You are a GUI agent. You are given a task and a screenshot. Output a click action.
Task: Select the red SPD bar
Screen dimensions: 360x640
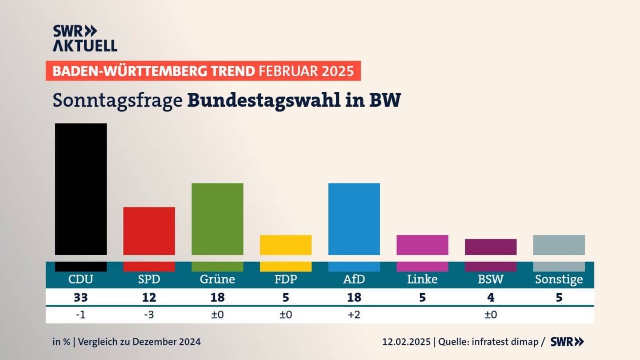click(x=149, y=231)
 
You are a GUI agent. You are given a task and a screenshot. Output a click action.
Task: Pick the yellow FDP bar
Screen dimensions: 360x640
click(x=286, y=245)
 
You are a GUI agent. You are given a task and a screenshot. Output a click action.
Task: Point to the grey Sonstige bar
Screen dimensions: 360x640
click(x=559, y=245)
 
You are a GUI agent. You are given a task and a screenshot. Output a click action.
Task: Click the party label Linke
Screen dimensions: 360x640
click(x=422, y=279)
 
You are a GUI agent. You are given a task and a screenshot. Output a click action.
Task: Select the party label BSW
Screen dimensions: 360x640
click(x=491, y=279)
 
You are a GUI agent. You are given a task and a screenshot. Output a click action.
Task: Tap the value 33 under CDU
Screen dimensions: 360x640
click(x=80, y=297)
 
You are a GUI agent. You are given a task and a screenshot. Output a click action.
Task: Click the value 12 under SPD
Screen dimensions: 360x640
click(x=149, y=297)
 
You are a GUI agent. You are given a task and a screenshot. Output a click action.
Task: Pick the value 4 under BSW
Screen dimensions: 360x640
click(x=491, y=297)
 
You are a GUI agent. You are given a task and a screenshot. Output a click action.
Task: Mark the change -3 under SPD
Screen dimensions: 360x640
click(x=149, y=315)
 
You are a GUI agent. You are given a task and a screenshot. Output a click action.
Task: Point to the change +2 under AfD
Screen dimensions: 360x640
click(x=354, y=315)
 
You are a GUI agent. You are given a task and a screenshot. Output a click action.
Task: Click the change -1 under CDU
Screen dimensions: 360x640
click(x=80, y=315)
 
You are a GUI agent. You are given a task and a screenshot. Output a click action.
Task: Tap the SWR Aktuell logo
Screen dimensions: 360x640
click(x=84, y=38)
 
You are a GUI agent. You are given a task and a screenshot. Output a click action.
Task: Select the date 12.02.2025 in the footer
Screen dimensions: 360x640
click(x=406, y=342)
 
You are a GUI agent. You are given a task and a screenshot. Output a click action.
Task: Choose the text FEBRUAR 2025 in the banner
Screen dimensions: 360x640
click(x=306, y=71)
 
